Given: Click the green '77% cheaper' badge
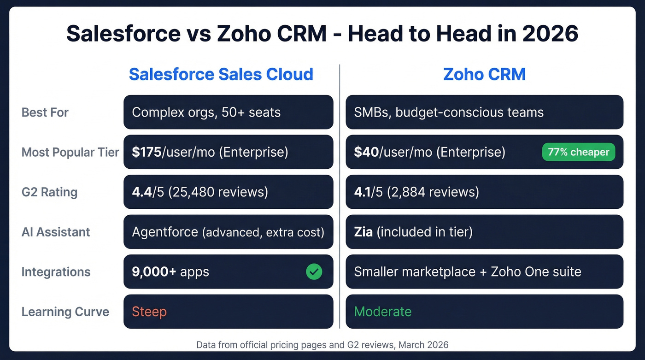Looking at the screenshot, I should pos(578,152).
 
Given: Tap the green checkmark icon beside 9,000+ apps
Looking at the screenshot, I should pos(314,272).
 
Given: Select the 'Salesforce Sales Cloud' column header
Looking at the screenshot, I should pos(221,74).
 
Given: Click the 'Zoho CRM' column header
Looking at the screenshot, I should pos(484,74).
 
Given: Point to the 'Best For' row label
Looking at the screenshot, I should pos(45,112).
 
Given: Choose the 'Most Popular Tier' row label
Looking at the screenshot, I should pos(70,152).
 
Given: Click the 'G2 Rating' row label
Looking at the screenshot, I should pos(49,192).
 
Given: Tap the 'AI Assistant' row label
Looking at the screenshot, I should pos(56,232).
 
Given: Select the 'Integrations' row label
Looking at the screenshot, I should pos(56,272).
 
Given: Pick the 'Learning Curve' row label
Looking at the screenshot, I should pos(65,312).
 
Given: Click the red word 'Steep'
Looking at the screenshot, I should pos(149,312).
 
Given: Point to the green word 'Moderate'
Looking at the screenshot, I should pos(382,312).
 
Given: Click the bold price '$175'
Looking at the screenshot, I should pos(147,152).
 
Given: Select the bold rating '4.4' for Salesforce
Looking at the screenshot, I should pos(141,192).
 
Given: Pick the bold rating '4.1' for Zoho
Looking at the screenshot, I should pos(363,192).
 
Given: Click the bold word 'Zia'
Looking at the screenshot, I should pos(363,232).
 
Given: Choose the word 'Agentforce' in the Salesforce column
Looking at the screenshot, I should pos(165,232).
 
